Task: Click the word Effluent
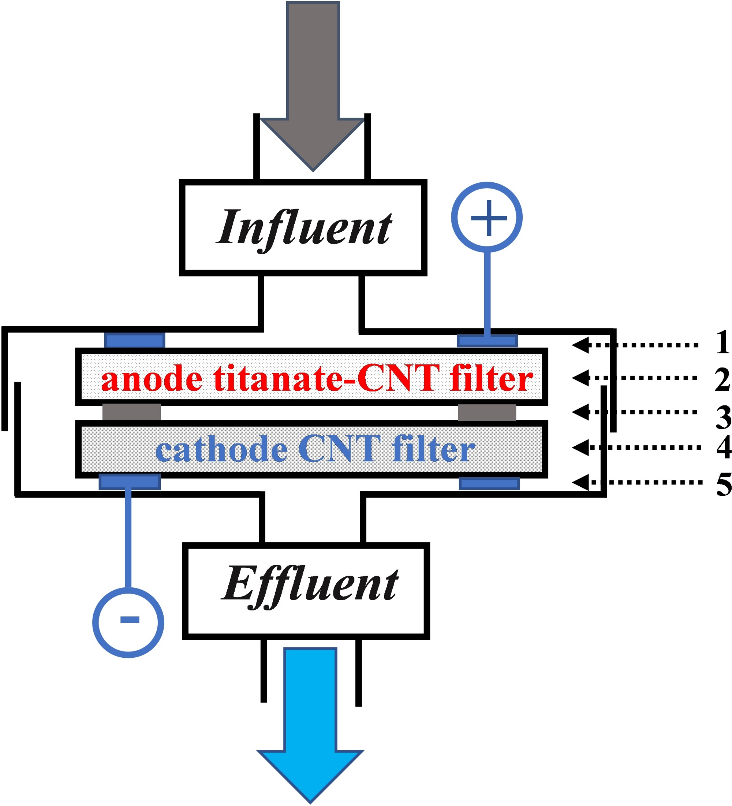[310, 587]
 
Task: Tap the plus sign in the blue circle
[489, 218]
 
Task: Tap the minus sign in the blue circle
[130, 620]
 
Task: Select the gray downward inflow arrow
[313, 86]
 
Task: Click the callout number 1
[722, 342]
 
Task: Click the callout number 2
[722, 379]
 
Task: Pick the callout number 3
[723, 417]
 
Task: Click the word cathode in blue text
[221, 449]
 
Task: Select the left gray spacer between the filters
[131, 412]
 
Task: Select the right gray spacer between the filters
[487, 412]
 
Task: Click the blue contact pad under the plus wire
[487, 341]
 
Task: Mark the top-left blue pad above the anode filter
[135, 341]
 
